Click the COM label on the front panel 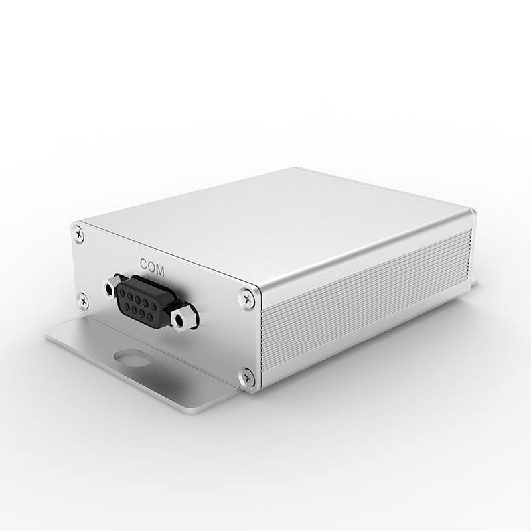coord(152,264)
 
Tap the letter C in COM coord(144,262)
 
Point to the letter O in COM coord(152,264)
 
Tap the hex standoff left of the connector coord(109,289)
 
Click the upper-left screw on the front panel coord(80,232)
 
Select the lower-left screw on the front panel coord(83,299)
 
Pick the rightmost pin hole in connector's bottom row coord(155,312)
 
